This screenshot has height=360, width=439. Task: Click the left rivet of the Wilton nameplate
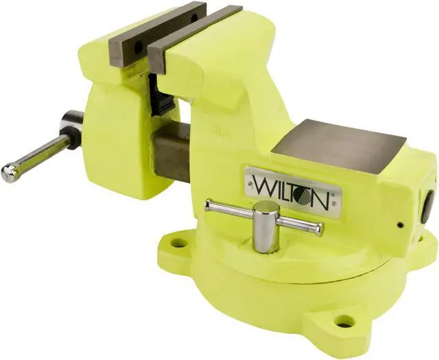tap(248, 180)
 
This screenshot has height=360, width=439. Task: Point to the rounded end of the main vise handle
tap(9, 173)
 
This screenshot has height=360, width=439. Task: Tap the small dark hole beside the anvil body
tap(400, 224)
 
